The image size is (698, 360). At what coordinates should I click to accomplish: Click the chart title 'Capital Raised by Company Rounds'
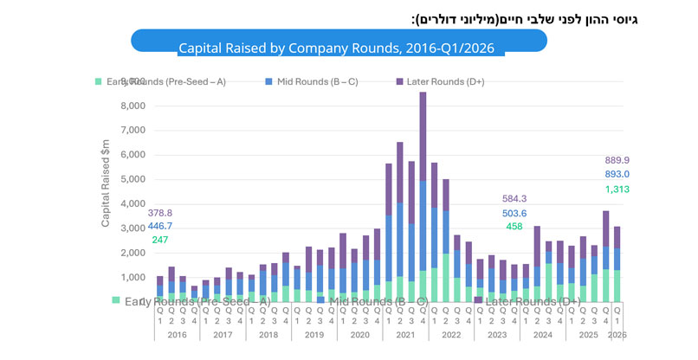click(x=341, y=48)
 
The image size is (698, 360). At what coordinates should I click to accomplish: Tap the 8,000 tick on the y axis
click(x=133, y=106)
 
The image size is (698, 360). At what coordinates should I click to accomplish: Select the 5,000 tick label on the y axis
click(x=133, y=179)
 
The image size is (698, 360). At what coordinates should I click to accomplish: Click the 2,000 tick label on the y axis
click(x=133, y=253)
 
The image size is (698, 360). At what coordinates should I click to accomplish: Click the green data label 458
click(x=515, y=227)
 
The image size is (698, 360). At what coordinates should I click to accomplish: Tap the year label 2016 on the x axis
click(x=177, y=334)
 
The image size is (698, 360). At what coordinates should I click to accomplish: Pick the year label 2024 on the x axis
click(x=542, y=334)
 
